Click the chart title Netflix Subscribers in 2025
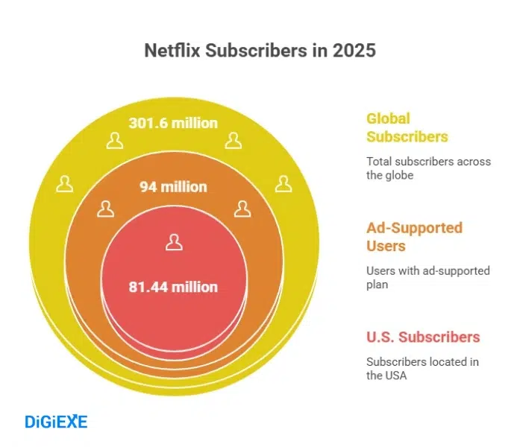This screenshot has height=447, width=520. tap(259, 51)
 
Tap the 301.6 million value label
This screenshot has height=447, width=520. tap(173, 123)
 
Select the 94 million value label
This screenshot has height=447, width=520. tap(173, 186)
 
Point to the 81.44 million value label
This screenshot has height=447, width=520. tap(173, 287)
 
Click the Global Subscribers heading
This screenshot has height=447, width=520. tap(407, 127)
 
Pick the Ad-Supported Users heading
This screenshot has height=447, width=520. tap(414, 237)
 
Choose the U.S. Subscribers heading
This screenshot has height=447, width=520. tap(423, 337)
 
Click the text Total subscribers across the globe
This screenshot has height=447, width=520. tap(428, 168)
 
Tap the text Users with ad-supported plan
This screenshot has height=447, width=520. tap(427, 278)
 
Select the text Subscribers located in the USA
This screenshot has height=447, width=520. tap(422, 369)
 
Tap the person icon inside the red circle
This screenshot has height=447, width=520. tap(174, 242)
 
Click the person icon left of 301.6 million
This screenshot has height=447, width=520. tap(114, 141)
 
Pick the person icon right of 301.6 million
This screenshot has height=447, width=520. tap(234, 141)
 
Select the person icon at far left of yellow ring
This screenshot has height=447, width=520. tap(65, 184)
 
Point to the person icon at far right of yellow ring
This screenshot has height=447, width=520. tap(283, 184)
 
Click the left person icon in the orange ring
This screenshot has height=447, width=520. tap(106, 209)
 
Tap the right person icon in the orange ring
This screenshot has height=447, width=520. tap(242, 209)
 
